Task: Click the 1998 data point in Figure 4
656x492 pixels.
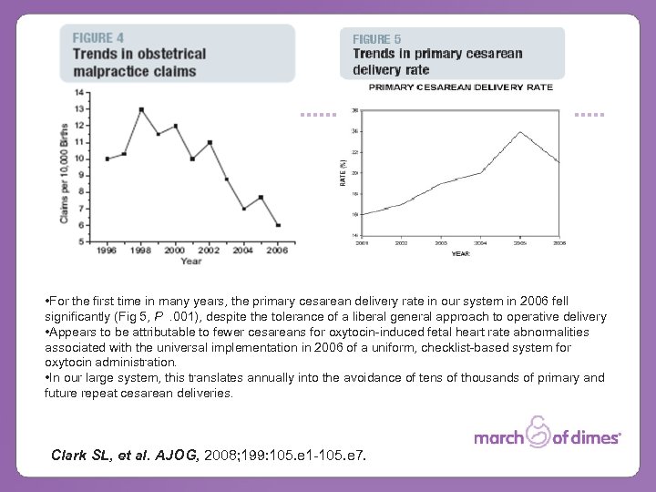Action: (x=141, y=109)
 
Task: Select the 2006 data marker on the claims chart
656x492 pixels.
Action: (x=278, y=225)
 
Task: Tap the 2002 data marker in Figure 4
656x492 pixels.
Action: (x=210, y=142)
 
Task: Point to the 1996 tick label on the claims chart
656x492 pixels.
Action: (x=108, y=250)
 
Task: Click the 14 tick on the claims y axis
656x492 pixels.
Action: (x=82, y=92)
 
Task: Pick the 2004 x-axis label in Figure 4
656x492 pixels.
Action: (x=244, y=250)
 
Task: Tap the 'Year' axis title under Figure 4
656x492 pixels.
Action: (x=191, y=261)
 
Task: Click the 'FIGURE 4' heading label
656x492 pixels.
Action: (x=98, y=38)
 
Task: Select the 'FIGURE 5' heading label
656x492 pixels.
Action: (x=377, y=39)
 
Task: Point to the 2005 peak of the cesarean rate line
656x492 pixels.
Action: (x=520, y=132)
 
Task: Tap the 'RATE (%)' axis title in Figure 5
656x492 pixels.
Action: (x=343, y=173)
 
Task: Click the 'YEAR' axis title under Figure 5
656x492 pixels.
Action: (x=461, y=253)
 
